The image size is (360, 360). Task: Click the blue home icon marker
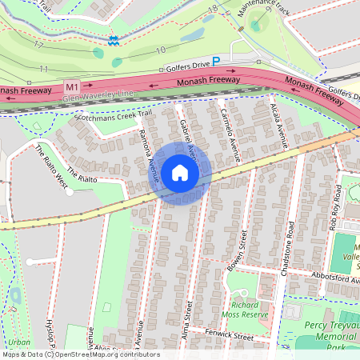point(180,173)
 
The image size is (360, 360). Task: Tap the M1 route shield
point(73,86)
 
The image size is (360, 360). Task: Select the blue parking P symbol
point(215,61)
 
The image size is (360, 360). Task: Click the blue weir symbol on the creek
point(114,40)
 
